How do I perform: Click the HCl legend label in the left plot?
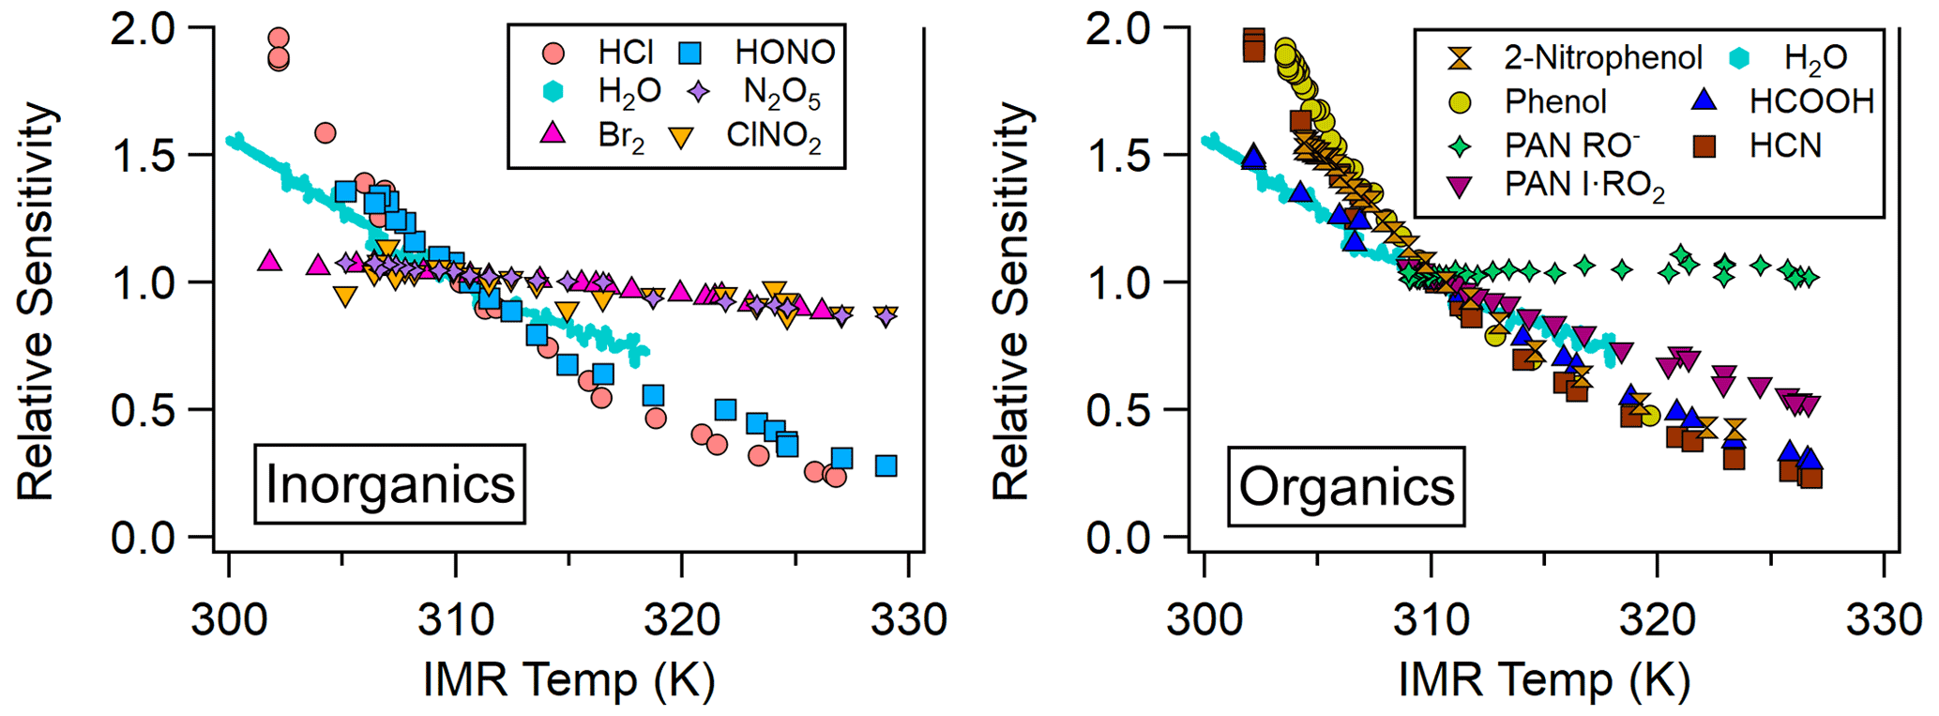625,52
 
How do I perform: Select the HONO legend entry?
784,52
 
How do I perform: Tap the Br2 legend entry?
620,136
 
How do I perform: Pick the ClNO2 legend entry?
773,136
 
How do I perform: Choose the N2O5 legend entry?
781,92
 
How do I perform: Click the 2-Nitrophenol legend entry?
1602,58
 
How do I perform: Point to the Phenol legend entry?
1555,101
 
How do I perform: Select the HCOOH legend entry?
1811,101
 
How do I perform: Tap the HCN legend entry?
1785,145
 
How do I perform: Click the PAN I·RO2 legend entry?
1584,185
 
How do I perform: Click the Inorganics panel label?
389,484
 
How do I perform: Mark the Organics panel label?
1346,486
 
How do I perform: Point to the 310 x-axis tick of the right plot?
1431,620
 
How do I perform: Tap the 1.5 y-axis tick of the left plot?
143,156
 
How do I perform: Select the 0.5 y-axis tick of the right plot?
1118,410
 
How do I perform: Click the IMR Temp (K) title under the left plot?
568,680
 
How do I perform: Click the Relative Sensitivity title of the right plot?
1011,300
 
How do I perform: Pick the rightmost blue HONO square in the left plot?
886,466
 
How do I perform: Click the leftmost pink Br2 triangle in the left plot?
270,261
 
